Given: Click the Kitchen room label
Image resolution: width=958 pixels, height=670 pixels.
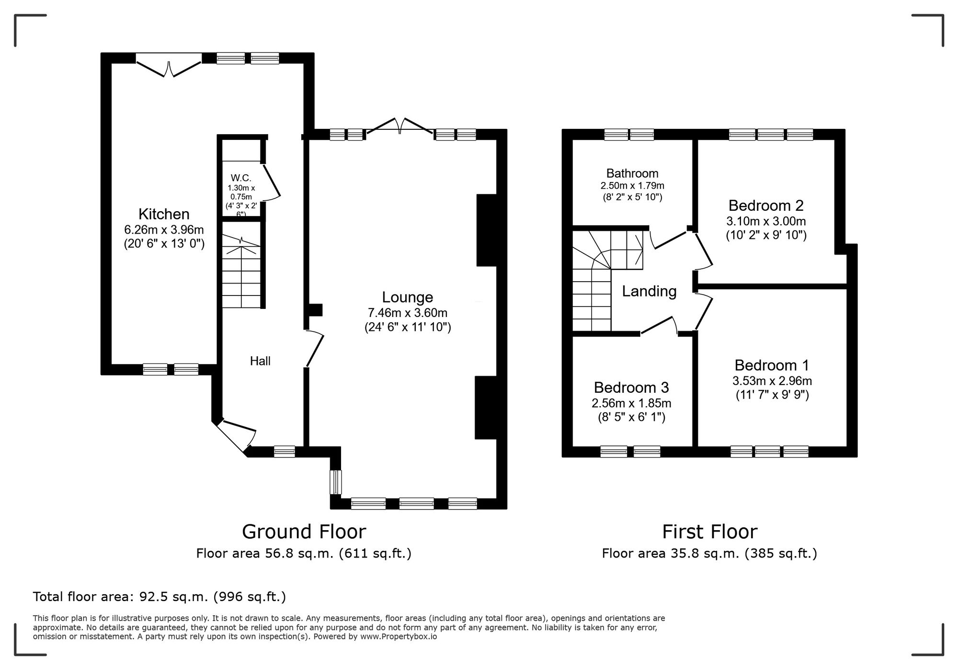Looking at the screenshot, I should pos(164,214).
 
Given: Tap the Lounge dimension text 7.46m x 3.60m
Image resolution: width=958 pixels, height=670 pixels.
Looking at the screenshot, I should pos(407,313).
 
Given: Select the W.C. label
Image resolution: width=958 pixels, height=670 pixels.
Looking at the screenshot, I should pos(241,178).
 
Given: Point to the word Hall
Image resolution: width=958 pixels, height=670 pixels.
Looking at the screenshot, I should pos(260,361).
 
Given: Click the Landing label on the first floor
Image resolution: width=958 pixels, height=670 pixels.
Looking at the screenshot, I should pos(649,291).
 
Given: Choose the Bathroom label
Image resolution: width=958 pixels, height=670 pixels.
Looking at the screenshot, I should pos(632,173).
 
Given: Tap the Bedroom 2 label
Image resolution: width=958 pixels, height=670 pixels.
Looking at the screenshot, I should pos(765,205).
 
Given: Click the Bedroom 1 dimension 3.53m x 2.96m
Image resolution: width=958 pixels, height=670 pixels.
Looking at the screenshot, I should pos(772,381).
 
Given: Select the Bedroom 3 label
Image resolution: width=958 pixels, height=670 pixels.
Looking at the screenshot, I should pos(631,387).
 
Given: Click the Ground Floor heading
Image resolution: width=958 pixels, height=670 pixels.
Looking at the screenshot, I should pos(304,532).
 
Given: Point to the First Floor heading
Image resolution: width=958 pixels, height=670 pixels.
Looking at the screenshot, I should pos(709,532).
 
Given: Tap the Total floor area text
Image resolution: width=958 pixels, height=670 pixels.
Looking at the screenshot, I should pos(159,597).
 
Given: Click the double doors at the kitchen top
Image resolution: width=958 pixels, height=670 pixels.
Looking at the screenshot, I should pos(169,67).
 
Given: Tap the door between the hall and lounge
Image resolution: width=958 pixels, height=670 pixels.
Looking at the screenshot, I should pos(315,349).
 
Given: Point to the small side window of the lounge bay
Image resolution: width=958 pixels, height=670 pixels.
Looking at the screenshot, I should pos(337,482).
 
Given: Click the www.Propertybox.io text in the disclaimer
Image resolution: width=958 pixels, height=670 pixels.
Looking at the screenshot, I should pos(399,637).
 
